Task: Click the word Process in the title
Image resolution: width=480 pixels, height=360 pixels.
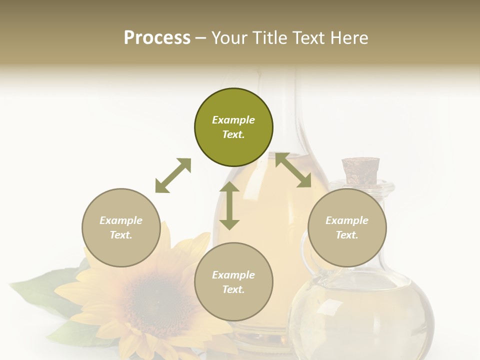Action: click(157, 37)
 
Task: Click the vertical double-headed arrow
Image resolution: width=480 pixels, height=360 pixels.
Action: click(229, 205)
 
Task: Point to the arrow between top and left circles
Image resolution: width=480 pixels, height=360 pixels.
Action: click(173, 175)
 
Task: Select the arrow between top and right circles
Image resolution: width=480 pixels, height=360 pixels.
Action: click(293, 170)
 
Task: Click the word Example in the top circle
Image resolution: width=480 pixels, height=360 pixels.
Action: click(233, 120)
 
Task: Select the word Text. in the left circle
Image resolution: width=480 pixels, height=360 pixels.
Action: click(121, 235)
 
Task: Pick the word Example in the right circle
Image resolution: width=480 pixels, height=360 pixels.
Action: click(347, 220)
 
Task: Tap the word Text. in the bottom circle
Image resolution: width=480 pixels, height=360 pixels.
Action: click(233, 289)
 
